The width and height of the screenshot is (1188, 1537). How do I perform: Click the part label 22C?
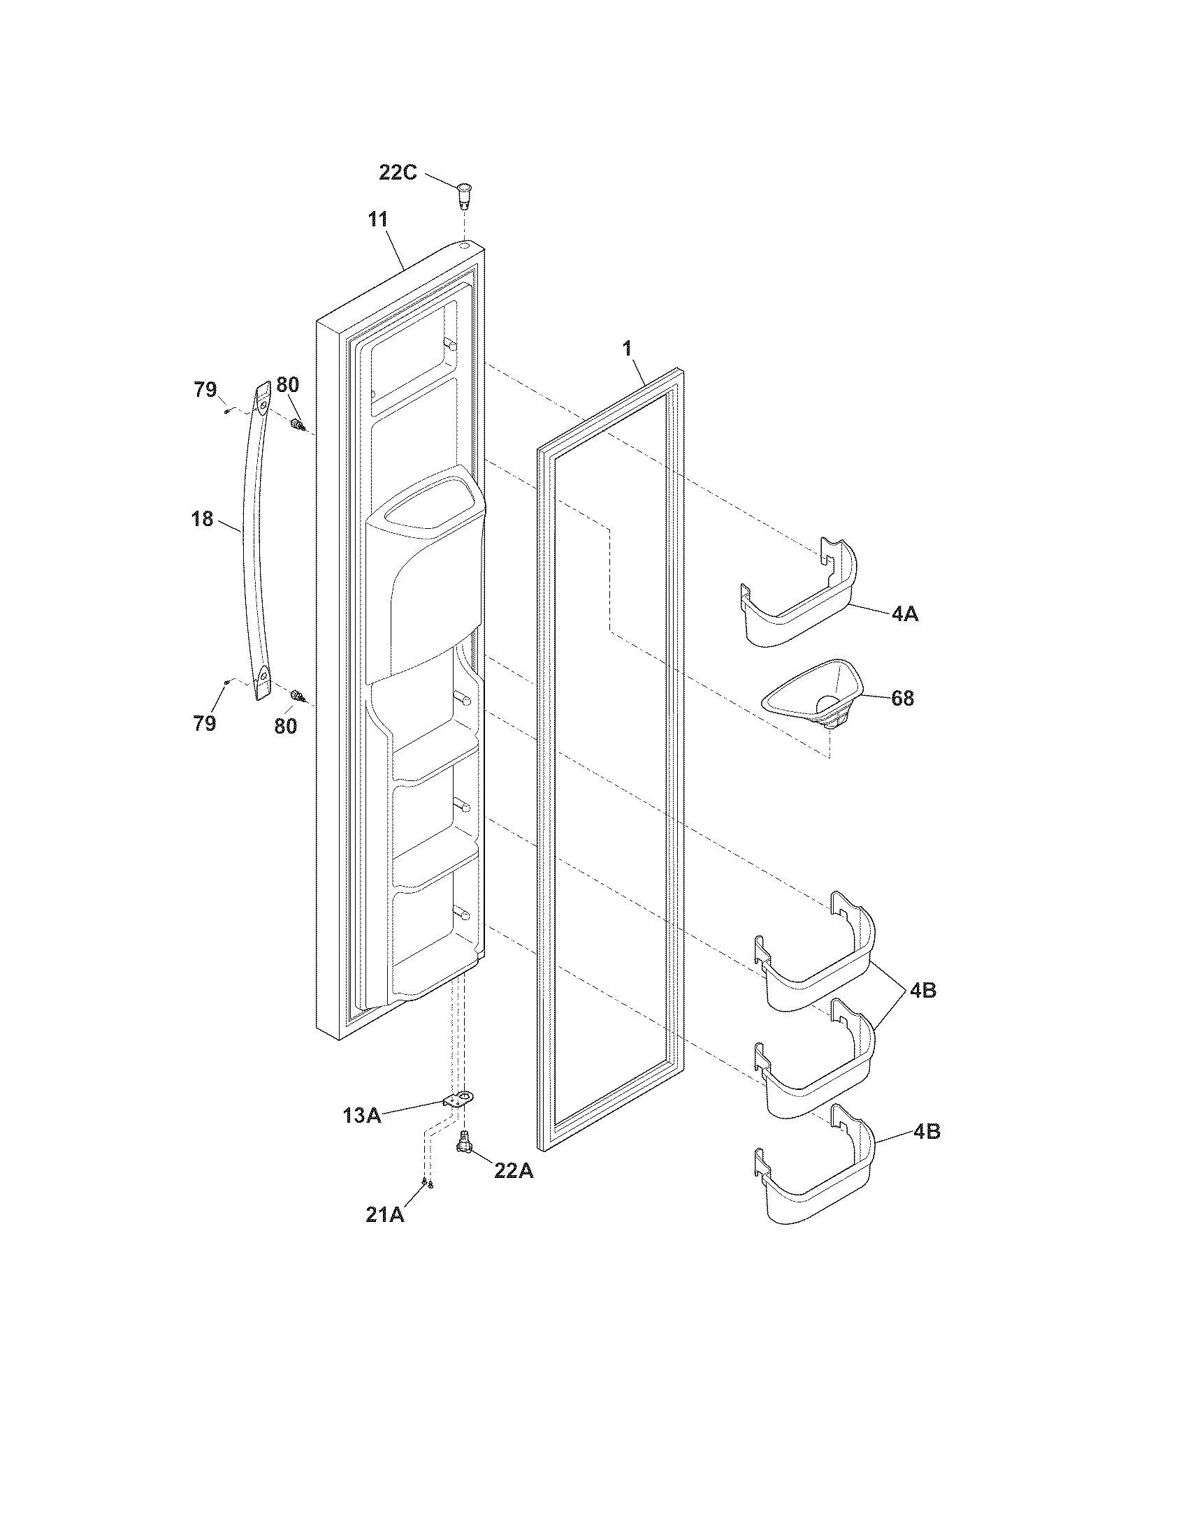click(398, 172)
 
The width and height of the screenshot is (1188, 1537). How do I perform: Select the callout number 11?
click(378, 219)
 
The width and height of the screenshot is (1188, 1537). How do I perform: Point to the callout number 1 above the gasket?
click(627, 348)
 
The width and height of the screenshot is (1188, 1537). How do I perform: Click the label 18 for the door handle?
click(202, 519)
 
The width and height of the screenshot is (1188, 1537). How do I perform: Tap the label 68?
click(902, 698)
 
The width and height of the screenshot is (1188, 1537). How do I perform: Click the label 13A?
click(363, 1115)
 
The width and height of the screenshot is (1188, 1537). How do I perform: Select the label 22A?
click(514, 1170)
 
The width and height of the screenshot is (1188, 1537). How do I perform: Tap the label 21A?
click(385, 1215)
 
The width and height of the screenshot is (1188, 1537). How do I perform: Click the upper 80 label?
click(287, 385)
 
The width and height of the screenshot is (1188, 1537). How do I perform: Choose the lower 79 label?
click(205, 723)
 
